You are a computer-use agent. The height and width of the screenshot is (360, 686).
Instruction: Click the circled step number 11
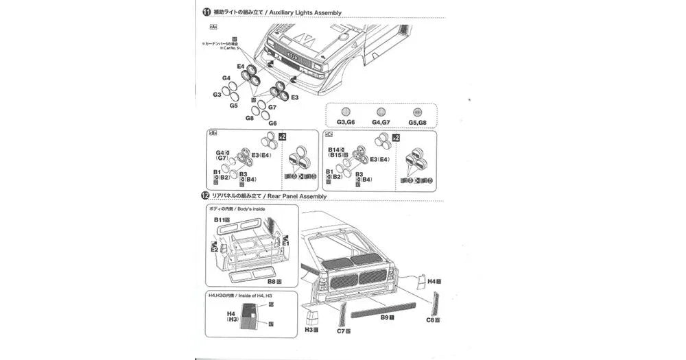206,12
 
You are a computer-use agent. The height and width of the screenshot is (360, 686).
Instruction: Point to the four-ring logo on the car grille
290,57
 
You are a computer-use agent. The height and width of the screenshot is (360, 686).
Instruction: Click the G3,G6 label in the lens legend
346,122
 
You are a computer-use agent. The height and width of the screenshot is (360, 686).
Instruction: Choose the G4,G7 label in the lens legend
381,122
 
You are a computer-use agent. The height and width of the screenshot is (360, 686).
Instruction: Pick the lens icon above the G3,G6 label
346,112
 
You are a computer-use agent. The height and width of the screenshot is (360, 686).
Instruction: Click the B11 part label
220,219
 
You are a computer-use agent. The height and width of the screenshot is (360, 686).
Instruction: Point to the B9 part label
386,317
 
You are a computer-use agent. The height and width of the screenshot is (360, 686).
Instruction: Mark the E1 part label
285,243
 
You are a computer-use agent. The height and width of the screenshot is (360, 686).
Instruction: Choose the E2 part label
214,250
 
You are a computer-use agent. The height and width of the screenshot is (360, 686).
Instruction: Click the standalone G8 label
250,117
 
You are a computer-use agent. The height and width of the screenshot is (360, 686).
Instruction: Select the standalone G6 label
272,123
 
